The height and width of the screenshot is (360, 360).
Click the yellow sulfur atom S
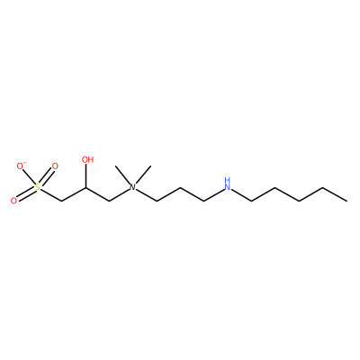[37, 187]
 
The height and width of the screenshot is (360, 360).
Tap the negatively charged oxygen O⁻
[21, 166]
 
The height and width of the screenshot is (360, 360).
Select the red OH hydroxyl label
[87, 159]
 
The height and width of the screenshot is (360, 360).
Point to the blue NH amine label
[228, 184]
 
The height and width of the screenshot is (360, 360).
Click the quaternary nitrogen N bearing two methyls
[132, 187]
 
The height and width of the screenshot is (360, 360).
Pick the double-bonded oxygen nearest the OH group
[55, 166]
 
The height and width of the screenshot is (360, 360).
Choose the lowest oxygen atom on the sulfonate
[13, 201]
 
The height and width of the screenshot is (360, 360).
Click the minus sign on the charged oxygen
[25, 163]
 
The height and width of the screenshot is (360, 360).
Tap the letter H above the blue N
[228, 180]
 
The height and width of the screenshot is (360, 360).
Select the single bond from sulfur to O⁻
[29, 177]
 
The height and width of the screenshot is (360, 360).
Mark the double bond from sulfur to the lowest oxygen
[25, 194]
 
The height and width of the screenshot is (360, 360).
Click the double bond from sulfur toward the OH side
[46, 177]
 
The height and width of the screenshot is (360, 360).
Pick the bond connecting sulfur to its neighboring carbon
[50, 194]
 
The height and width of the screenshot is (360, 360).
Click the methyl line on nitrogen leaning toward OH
[123, 175]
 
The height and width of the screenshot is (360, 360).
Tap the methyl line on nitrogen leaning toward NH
[142, 175]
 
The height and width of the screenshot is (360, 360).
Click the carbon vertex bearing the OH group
[86, 187]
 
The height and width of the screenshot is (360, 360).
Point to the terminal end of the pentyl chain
[347, 201]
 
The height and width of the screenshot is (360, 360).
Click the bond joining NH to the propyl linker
[214, 195]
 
